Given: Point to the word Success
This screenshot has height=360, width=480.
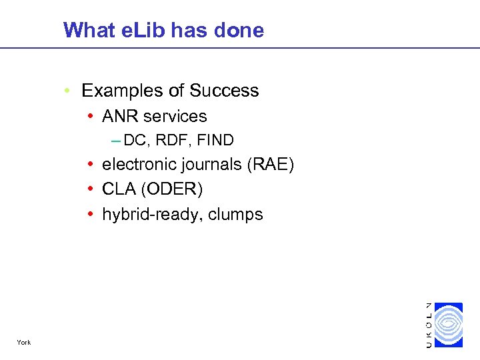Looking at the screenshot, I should coord(224,91).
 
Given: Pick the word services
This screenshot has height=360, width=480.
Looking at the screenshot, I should coord(174,116).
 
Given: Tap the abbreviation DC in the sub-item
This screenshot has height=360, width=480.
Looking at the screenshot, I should coord(135,141).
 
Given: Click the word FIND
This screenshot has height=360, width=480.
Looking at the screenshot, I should coord(215,141).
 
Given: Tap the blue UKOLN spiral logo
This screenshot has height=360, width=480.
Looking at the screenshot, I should coord(448,325).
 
